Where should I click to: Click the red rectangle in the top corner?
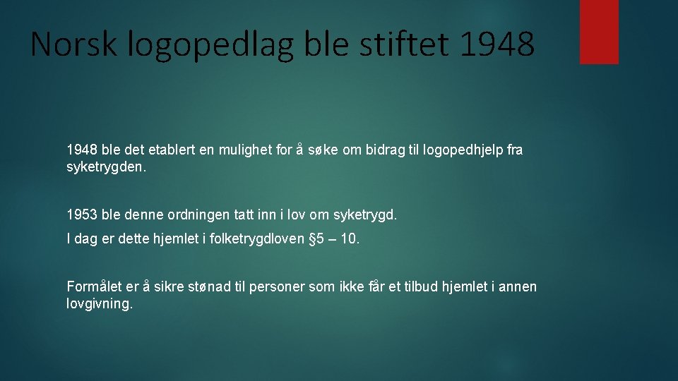(x=599, y=31)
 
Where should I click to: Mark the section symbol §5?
(x=318, y=239)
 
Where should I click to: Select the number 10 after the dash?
(x=349, y=239)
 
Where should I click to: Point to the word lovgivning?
(x=99, y=306)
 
